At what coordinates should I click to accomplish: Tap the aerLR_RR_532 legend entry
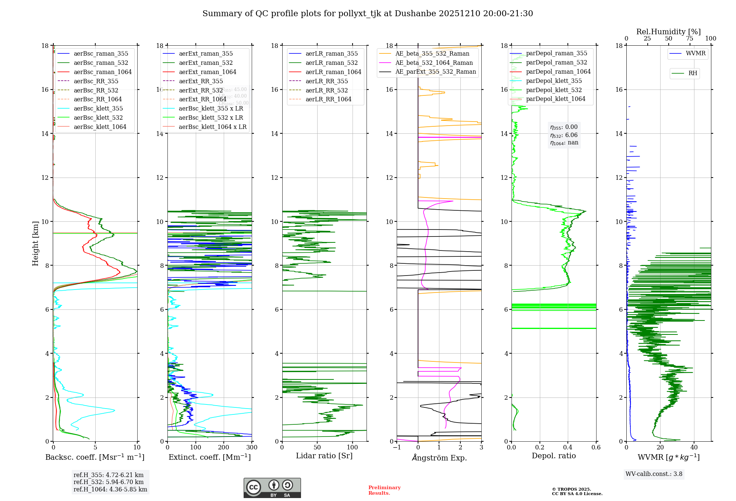point(326,90)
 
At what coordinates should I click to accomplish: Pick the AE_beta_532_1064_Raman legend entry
point(434,63)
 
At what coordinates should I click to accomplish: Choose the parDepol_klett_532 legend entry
point(554,90)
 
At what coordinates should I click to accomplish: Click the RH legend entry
point(693,73)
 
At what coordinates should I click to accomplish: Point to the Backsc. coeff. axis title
point(95,457)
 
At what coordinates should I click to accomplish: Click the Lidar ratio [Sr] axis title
point(324,456)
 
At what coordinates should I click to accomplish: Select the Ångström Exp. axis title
point(439,458)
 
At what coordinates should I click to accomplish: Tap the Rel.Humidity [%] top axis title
point(668,32)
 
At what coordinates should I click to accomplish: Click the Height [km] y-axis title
point(35,244)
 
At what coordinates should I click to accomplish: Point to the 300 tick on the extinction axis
point(252,448)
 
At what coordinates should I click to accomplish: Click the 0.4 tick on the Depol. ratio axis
point(568,448)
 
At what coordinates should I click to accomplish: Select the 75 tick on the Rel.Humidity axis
point(690,39)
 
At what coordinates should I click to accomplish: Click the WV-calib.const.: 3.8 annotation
point(654,474)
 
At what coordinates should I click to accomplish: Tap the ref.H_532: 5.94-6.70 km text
point(109,482)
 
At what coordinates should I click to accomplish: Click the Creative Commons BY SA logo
point(272,488)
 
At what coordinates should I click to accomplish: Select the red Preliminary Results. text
point(384,490)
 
